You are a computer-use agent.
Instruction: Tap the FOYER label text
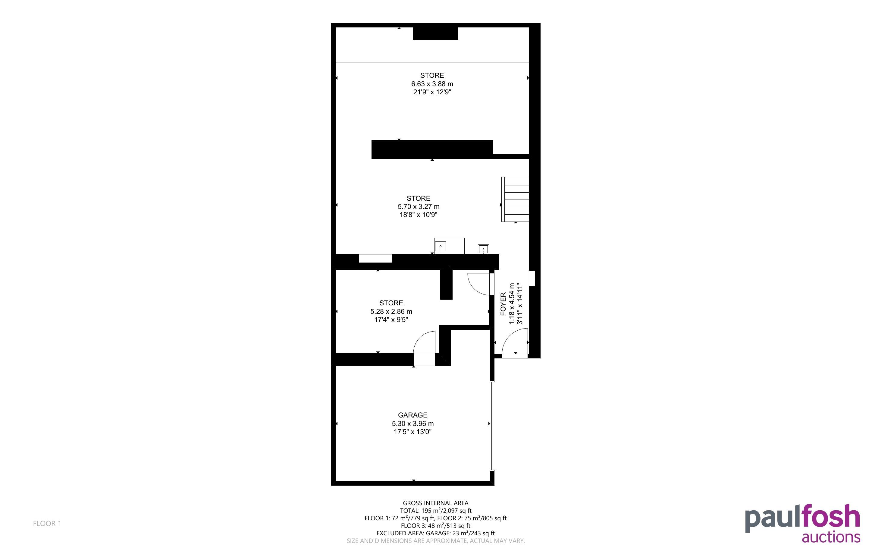tap(503, 304)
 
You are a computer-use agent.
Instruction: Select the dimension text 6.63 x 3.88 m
tap(432, 83)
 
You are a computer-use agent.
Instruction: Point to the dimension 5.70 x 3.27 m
tap(419, 206)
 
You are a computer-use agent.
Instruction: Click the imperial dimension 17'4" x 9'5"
tap(391, 319)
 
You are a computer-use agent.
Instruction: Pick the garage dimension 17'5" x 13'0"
tap(412, 431)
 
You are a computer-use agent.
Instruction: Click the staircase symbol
tap(515, 199)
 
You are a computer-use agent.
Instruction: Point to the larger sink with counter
tap(449, 246)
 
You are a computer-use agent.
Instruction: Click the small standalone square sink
tap(483, 249)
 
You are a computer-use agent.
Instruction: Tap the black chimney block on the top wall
tap(435, 33)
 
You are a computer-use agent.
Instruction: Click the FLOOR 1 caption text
tap(47, 523)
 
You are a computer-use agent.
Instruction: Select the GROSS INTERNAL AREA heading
tap(435, 503)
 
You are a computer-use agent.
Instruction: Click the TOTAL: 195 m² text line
tap(435, 510)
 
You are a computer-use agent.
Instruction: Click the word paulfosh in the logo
tap(802, 518)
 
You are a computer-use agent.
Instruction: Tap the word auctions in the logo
tap(831, 537)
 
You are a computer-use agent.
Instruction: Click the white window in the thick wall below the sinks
tap(375, 258)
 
